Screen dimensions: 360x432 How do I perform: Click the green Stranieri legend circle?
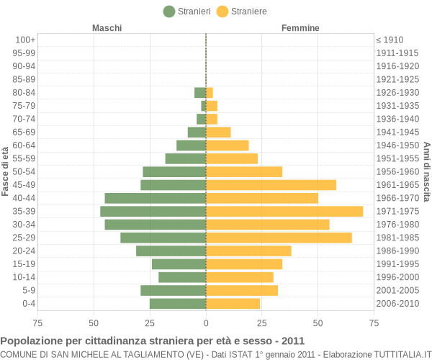(x=169, y=11)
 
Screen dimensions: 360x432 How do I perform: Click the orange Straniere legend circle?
(x=222, y=11)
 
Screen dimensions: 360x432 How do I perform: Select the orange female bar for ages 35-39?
(x=284, y=211)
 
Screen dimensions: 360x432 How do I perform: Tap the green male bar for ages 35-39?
(x=153, y=211)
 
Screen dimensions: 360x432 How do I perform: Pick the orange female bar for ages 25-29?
(x=279, y=238)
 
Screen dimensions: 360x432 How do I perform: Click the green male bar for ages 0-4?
(x=178, y=304)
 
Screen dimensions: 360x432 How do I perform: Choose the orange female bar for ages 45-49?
(x=271, y=185)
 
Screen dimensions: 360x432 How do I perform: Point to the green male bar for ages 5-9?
(x=173, y=290)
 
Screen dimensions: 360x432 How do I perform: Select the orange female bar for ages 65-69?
(x=218, y=132)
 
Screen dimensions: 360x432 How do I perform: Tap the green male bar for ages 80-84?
(x=200, y=92)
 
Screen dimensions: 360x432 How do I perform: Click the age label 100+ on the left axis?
(x=25, y=40)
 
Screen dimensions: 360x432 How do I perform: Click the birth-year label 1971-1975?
(x=397, y=211)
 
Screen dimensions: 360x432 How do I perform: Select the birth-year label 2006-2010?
(x=397, y=304)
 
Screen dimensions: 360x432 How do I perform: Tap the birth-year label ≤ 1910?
(x=390, y=40)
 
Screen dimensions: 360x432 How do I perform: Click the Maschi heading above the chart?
(x=107, y=28)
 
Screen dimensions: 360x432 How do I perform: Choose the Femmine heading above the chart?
(x=300, y=28)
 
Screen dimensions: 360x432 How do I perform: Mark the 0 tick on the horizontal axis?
(x=206, y=323)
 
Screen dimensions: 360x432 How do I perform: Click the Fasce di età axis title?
(x=6, y=171)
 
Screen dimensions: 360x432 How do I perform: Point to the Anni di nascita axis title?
(x=426, y=171)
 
